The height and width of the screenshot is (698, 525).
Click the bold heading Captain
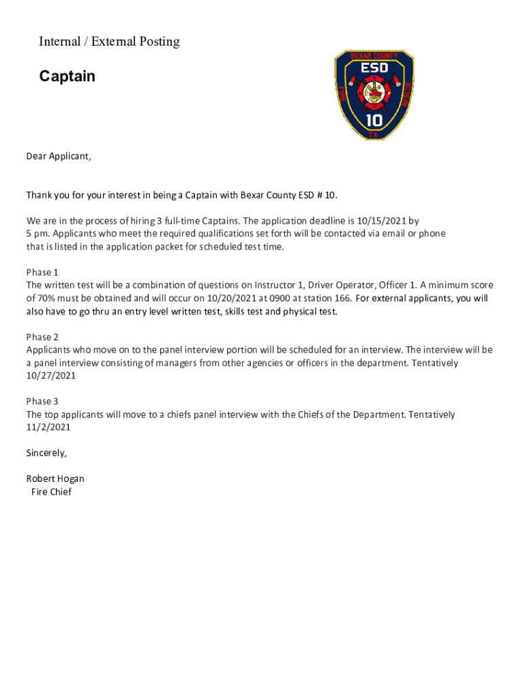click(67, 76)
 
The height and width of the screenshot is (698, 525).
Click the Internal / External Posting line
click(109, 42)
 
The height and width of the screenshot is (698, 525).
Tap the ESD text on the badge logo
click(374, 68)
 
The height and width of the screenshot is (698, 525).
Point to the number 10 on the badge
click(374, 121)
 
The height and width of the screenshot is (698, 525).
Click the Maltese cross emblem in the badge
click(374, 96)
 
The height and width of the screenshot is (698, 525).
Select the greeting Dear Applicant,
click(59, 157)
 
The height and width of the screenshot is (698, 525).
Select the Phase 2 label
click(42, 337)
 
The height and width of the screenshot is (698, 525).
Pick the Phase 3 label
click(42, 401)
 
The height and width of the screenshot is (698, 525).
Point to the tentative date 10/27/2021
click(51, 376)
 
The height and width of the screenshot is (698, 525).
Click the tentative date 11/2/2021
click(48, 427)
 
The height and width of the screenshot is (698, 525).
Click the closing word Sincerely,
click(46, 453)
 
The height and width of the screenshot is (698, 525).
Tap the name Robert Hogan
click(55, 479)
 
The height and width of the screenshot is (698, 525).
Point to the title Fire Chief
click(51, 492)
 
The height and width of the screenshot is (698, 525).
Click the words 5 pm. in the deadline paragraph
click(38, 234)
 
